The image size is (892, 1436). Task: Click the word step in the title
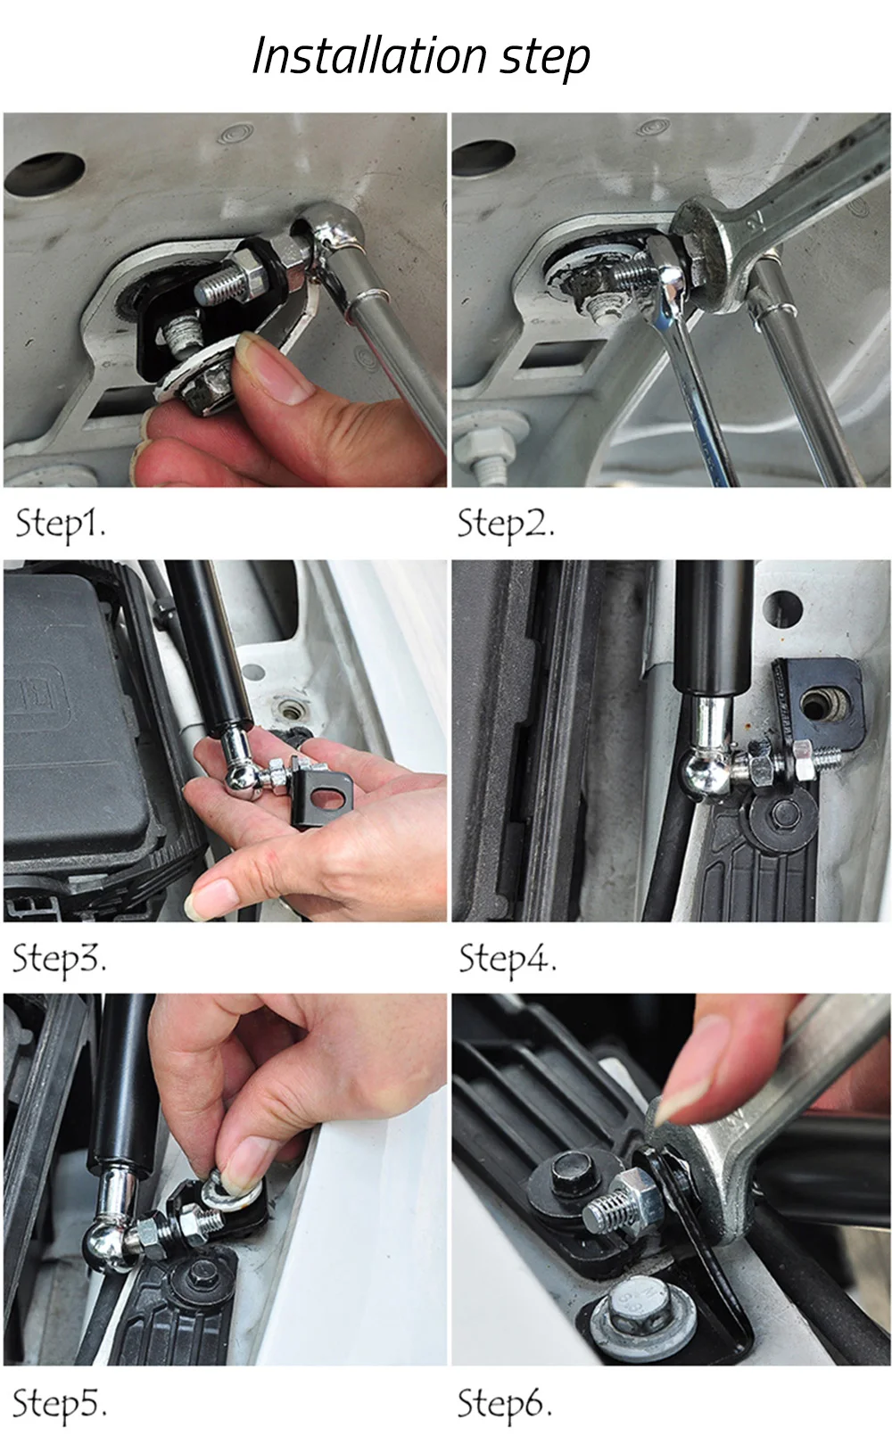coord(544,59)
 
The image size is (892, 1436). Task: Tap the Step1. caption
coord(60,524)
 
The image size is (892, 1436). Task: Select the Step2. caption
coord(505,524)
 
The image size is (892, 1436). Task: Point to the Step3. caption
coord(59,960)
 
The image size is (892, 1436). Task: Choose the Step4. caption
coord(508,960)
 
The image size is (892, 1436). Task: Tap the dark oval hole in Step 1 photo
coord(45,173)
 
